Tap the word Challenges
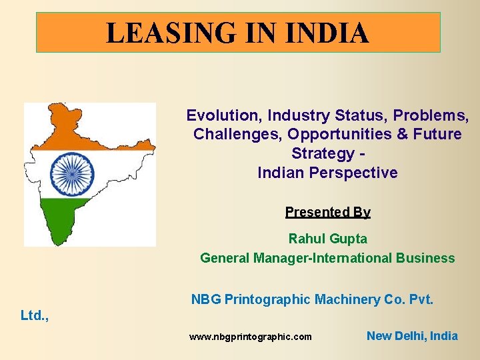237,134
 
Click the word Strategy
323,153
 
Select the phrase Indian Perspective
327,173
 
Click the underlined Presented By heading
327,212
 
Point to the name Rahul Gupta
327,238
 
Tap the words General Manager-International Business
327,258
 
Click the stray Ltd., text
35,315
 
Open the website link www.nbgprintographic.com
250,337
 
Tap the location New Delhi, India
412,336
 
